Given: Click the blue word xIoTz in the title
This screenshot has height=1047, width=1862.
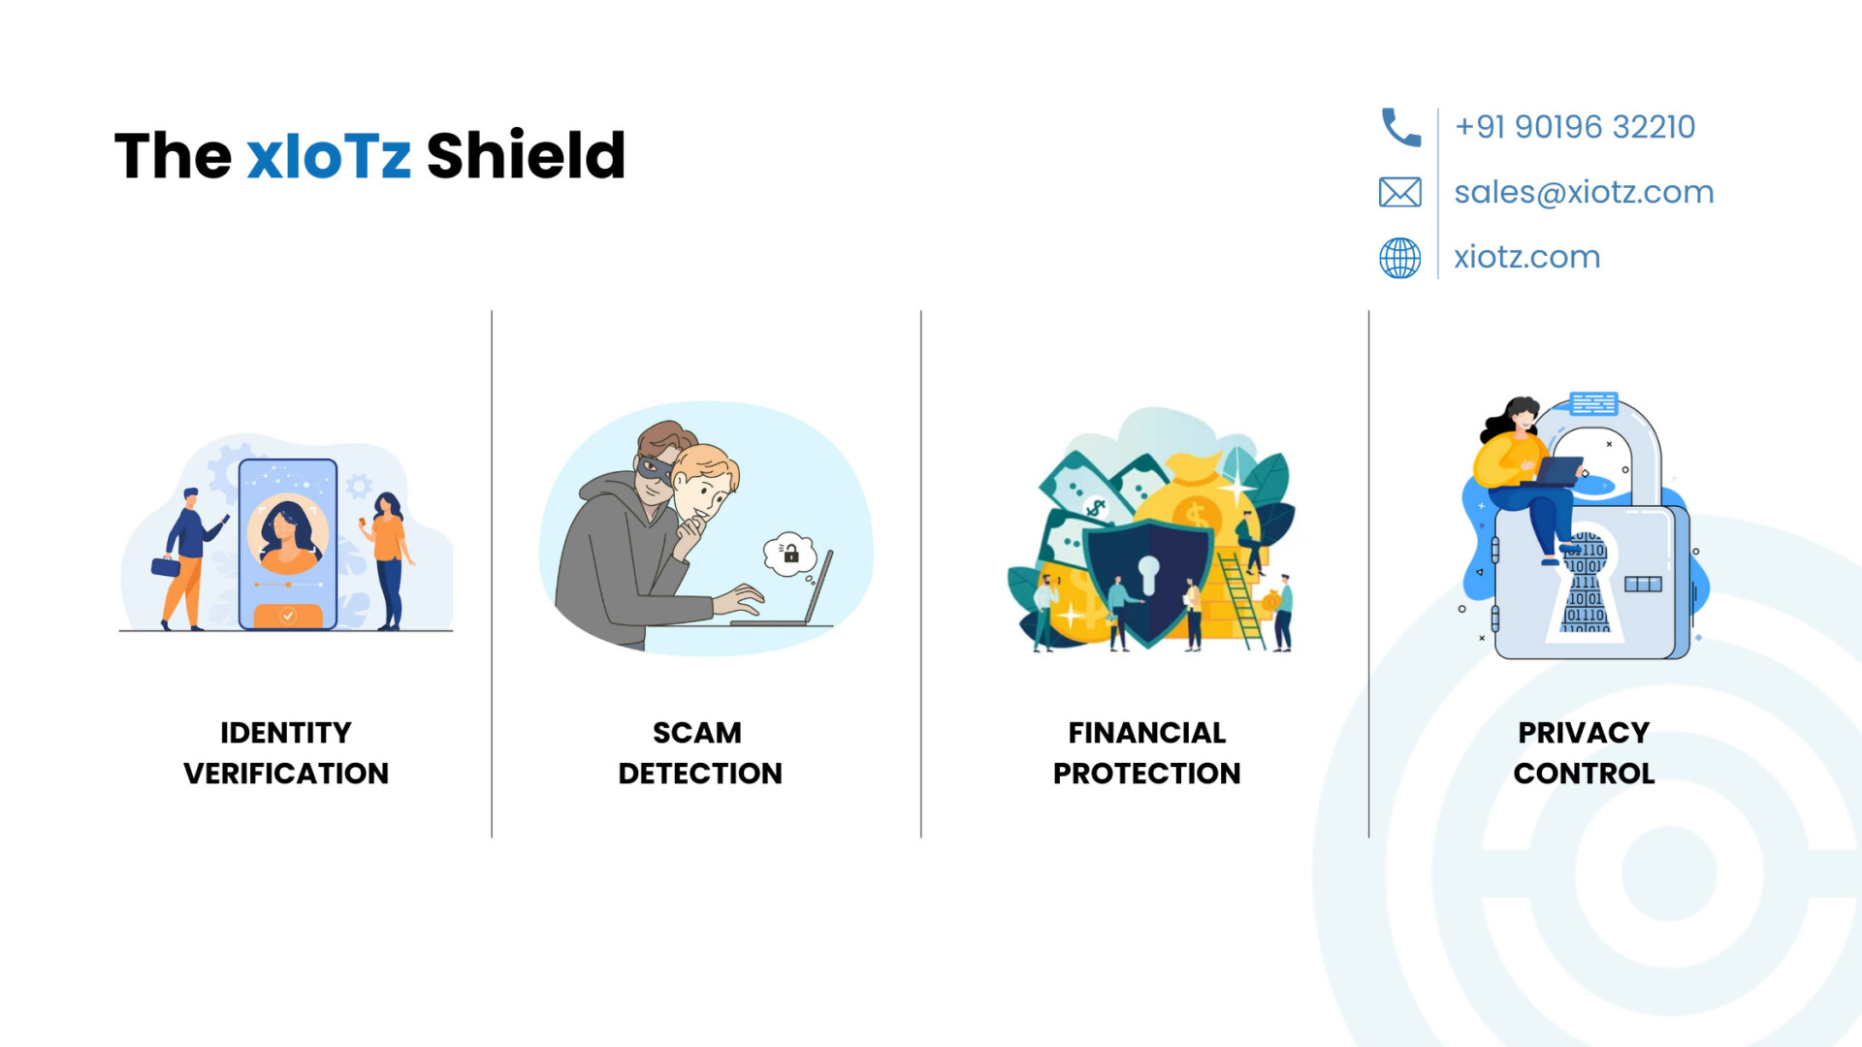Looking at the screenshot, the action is pos(329,156).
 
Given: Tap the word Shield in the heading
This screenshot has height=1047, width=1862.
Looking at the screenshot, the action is pos(527,155).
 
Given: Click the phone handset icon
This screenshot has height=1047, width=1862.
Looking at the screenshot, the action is pos(1400,127).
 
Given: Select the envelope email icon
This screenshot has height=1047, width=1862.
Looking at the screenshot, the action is pos(1400,192).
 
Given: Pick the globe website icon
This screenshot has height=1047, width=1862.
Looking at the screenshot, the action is pos(1400,258).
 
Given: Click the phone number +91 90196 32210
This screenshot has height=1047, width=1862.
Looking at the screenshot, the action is pos(1575,127).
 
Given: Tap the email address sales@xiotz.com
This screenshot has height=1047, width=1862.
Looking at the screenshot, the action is pos(1584,192).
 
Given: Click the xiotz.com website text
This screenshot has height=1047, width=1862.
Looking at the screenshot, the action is pos(1526,257).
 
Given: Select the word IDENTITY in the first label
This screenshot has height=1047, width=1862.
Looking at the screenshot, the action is pos(286,733).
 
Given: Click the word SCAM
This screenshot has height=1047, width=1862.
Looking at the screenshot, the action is pos(697,733).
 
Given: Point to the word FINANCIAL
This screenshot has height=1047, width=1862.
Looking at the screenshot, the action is pos(1147,733).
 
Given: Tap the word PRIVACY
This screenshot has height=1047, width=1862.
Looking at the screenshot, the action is pos(1584,733).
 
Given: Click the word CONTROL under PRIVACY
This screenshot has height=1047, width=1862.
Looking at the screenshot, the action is pos(1584,774).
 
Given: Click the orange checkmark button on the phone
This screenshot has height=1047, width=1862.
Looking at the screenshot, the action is pos(288,616).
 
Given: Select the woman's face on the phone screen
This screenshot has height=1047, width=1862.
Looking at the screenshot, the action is pos(286,532).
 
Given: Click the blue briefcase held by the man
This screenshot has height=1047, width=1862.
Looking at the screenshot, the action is pos(166,566).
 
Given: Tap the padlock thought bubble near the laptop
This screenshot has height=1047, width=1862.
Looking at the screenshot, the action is pos(790,554).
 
